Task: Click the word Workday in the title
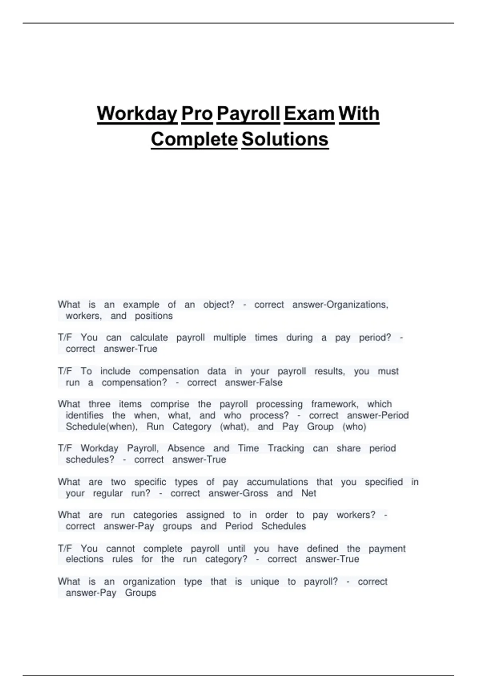click(137, 114)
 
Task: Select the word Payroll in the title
click(248, 114)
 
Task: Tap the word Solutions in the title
click(285, 139)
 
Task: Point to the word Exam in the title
click(309, 114)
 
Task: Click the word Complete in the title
click(194, 139)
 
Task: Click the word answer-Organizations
click(340, 305)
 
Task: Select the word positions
click(154, 316)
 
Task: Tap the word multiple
click(230, 338)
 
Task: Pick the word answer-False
click(254, 383)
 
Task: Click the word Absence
click(186, 449)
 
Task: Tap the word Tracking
click(286, 449)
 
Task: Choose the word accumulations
click(277, 482)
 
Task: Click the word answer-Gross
click(238, 493)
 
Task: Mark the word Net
click(309, 493)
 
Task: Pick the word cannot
click(120, 549)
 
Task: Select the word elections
click(85, 559)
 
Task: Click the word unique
click(265, 582)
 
